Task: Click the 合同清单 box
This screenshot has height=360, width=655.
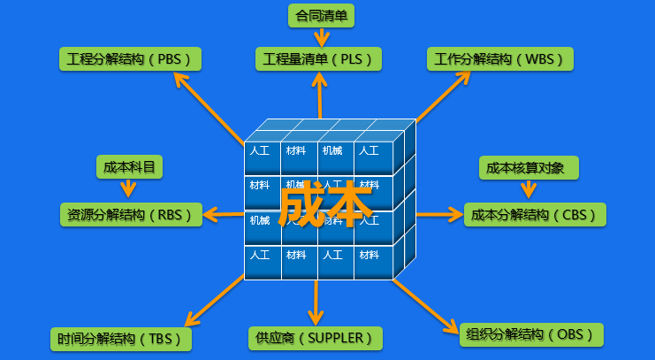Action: click(321, 14)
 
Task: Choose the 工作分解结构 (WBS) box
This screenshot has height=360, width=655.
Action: click(499, 59)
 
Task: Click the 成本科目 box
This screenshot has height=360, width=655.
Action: click(129, 166)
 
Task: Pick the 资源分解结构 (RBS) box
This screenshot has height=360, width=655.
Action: click(131, 214)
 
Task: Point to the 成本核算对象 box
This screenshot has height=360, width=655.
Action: click(529, 166)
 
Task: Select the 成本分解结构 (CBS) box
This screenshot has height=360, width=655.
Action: click(535, 214)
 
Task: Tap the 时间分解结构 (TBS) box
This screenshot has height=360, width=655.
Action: click(120, 339)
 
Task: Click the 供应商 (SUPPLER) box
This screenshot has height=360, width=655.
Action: click(316, 338)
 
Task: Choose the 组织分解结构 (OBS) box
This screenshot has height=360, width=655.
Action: click(532, 334)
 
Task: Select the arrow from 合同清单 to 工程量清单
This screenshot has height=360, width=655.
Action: click(321, 36)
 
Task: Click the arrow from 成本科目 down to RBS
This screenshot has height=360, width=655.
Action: click(129, 187)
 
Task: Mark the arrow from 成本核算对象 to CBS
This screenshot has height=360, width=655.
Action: click(529, 188)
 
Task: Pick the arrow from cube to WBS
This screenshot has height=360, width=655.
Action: click(442, 97)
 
